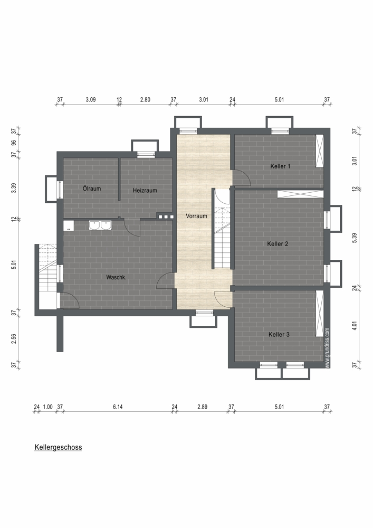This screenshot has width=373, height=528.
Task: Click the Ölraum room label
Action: [x=92, y=188]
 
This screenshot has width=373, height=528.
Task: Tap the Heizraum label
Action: [x=145, y=190]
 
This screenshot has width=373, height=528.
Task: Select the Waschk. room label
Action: [x=117, y=278]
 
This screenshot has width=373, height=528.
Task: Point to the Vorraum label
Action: [x=196, y=216]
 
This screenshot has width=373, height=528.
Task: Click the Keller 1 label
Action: [x=280, y=166]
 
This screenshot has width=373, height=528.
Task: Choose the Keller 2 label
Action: [x=278, y=243]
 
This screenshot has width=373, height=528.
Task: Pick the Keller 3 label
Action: [x=279, y=334]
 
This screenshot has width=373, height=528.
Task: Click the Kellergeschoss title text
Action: [x=58, y=448]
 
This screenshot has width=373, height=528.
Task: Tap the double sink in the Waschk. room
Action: [x=100, y=225]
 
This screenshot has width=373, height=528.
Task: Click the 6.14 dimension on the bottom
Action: [x=118, y=407]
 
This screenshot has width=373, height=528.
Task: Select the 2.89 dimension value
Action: [x=202, y=407]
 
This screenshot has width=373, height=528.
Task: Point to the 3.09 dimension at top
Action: [x=91, y=99]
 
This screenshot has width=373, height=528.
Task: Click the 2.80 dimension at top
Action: [x=145, y=99]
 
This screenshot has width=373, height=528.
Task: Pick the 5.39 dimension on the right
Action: [x=354, y=238]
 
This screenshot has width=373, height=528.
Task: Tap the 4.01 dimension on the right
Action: [x=354, y=325]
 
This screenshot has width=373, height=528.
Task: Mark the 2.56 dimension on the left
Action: [x=14, y=338]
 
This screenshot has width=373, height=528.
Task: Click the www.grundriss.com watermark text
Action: [x=328, y=348]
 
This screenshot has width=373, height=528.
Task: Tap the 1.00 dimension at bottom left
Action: [x=48, y=407]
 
